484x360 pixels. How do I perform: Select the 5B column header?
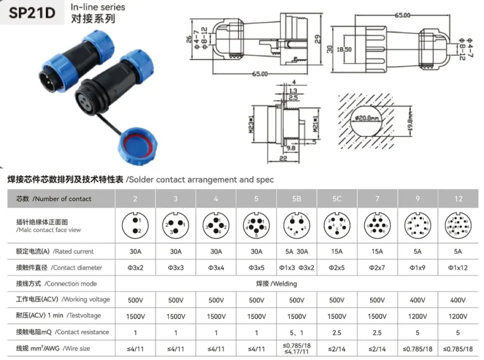coord(296,199)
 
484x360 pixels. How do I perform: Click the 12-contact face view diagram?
coord(458,225)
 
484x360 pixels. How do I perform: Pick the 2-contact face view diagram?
coord(135,225)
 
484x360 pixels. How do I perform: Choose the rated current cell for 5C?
coord(337,252)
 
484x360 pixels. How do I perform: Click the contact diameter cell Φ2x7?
coord(377,268)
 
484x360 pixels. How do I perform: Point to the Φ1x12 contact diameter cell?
coord(458,268)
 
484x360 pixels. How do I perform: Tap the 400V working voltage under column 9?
coord(418,299)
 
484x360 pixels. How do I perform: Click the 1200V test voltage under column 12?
coord(458,315)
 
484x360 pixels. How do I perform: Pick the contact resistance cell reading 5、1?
coord(296,332)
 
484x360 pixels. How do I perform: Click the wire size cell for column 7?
coord(377,348)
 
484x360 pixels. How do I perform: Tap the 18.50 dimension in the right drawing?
coord(344,49)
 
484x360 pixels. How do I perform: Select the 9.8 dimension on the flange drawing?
coord(291,148)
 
